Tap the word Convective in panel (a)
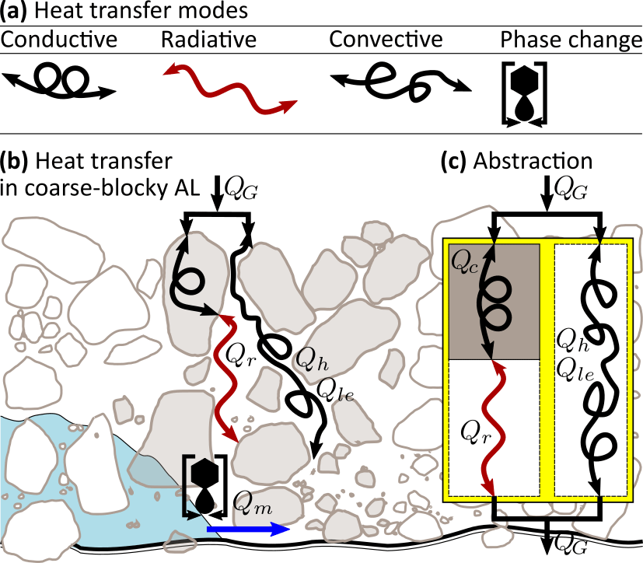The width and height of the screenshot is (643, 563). pyautogui.click(x=385, y=39)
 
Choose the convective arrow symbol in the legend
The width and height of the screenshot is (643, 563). pyautogui.click(x=401, y=81)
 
